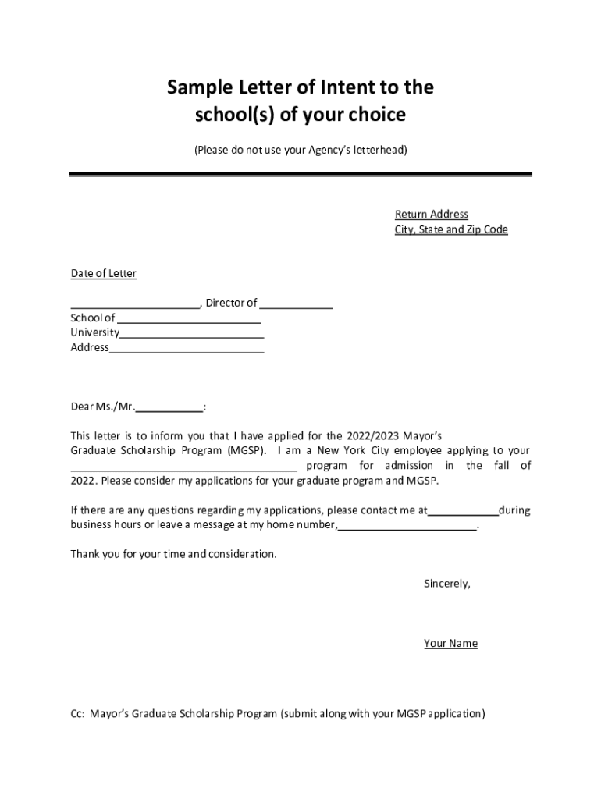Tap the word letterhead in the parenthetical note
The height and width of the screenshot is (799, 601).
click(376, 149)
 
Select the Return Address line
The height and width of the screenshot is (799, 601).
click(431, 215)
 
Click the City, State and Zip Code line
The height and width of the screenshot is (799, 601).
click(450, 229)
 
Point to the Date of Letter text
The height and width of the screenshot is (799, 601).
click(104, 273)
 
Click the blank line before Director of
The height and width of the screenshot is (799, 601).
click(135, 304)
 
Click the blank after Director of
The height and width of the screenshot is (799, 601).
click(297, 304)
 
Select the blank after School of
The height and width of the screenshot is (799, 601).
click(189, 319)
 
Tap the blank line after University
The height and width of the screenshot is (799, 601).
click(192, 334)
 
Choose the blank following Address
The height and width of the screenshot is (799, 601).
click(187, 349)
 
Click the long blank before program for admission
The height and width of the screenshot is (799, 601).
click(184, 467)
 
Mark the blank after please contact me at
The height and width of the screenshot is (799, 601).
click(464, 512)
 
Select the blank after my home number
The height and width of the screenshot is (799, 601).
click(407, 527)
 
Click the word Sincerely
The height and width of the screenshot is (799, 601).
click(446, 583)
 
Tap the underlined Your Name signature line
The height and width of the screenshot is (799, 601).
click(450, 644)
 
